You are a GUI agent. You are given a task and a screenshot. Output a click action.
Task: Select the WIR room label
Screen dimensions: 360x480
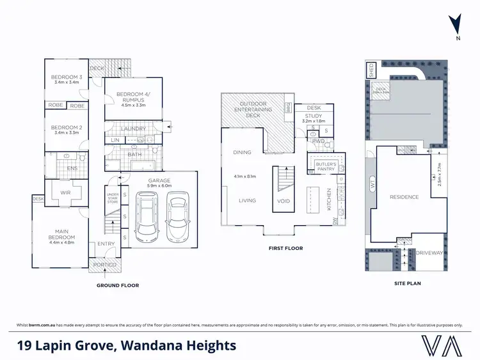coord(64,191)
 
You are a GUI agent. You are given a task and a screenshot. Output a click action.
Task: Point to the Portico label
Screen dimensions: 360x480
coord(104,265)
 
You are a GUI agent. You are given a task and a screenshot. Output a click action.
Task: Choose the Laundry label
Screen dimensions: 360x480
coord(134,129)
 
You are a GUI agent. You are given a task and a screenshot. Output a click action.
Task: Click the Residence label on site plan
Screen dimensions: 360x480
coord(404,197)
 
